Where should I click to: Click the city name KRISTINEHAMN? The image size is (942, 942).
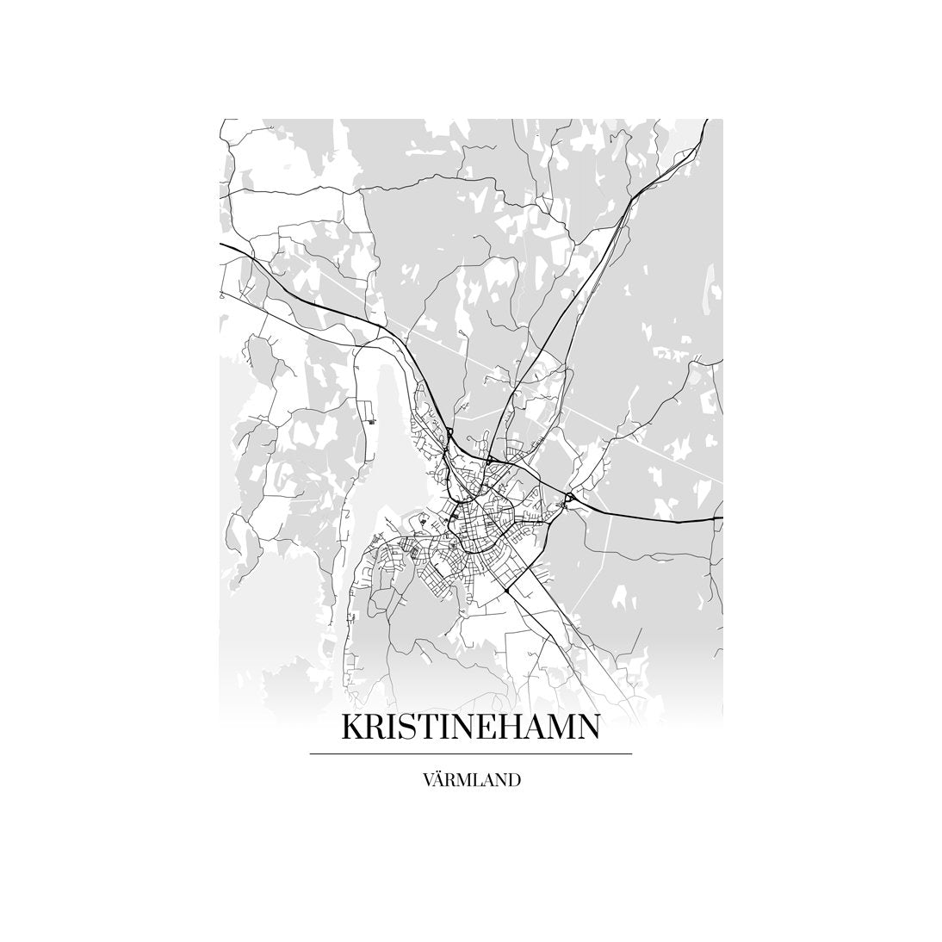click(x=470, y=727)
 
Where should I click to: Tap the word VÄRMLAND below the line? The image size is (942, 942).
click(x=471, y=782)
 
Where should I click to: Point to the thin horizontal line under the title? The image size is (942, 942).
click(x=470, y=754)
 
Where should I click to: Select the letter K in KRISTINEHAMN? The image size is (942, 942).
click(x=353, y=727)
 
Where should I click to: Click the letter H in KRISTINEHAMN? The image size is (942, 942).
click(x=514, y=727)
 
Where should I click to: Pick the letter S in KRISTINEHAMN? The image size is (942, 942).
click(x=407, y=727)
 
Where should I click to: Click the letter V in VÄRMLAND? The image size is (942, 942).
click(x=428, y=782)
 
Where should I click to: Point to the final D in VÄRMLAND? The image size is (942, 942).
click(x=513, y=782)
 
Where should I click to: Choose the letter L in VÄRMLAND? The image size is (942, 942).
click(x=477, y=782)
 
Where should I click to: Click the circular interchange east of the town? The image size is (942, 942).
click(x=569, y=498)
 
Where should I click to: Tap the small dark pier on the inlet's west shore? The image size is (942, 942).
click(x=371, y=421)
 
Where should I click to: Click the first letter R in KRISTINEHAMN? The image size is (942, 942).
click(x=376, y=727)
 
